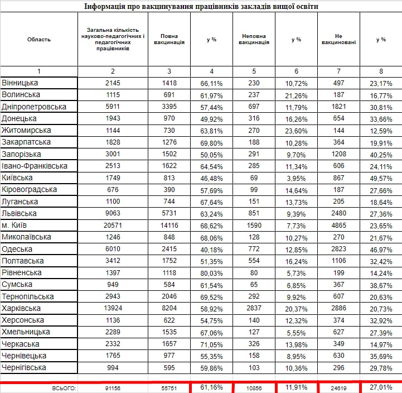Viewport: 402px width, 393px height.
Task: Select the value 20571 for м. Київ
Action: pyautogui.click(x=113, y=225)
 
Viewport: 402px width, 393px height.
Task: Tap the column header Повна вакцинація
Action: pyautogui.click(x=169, y=39)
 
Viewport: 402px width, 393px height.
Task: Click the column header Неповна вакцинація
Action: pyautogui.click(x=254, y=39)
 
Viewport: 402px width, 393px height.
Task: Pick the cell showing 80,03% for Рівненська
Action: pyautogui.click(x=211, y=272)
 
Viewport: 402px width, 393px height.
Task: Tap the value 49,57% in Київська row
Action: pyautogui.click(x=381, y=178)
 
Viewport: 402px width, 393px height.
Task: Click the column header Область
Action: pyautogui.click(x=39, y=39)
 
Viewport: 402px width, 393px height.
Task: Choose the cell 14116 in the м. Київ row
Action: pyautogui.click(x=169, y=225)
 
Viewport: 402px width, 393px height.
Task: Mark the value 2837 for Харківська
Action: pyautogui.click(x=254, y=308)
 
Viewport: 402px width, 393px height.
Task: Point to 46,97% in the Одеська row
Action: pyautogui.click(x=381, y=249)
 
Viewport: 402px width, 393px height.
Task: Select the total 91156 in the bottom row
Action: pyautogui.click(x=113, y=387)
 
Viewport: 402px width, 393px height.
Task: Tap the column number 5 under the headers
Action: pyautogui.click(x=254, y=71)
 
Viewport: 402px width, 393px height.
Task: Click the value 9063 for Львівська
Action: pyautogui.click(x=113, y=213)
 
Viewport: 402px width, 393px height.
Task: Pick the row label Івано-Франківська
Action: pyautogui.click(x=35, y=166)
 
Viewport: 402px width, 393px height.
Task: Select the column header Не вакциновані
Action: pyautogui.click(x=338, y=39)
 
